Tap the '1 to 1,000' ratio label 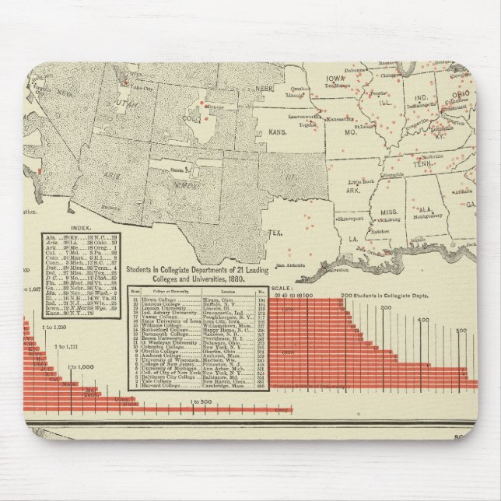click(80, 366)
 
